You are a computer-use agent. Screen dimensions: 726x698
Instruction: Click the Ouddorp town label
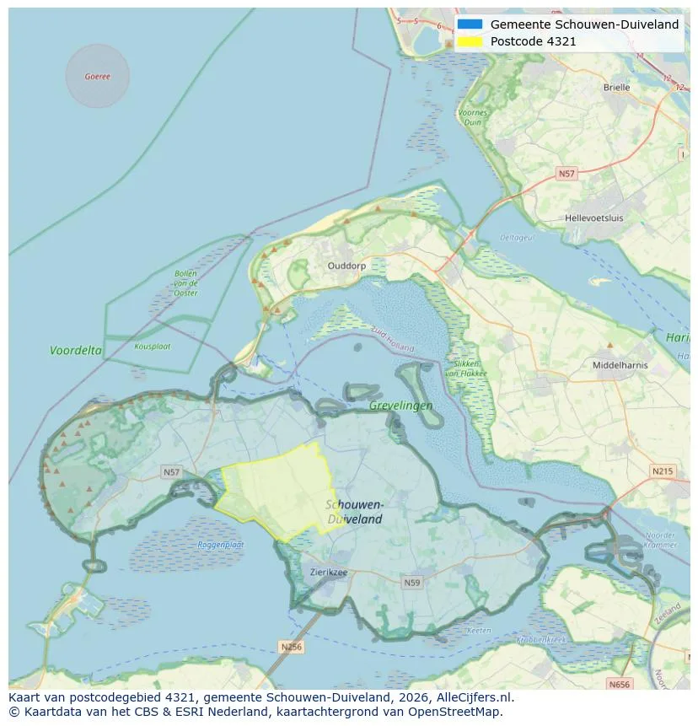pos(346,265)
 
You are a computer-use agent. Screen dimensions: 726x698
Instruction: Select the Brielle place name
pos(616,87)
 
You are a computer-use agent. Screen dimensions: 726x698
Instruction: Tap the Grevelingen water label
pos(401,406)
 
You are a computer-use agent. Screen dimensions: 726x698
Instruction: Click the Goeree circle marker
pos(97,76)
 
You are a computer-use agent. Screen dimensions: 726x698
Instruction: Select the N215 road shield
pos(663,471)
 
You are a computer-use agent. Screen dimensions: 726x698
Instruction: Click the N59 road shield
pos(412,582)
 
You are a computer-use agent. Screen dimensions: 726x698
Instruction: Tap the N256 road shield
pos(290,647)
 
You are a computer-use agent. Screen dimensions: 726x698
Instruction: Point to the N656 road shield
pos(619,684)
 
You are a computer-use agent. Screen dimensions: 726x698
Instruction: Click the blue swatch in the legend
pos(470,24)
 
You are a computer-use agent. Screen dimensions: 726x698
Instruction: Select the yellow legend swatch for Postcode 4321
pos(470,40)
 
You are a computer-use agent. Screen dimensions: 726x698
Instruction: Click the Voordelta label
pos(76,350)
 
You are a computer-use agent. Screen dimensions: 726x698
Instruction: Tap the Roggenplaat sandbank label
pos(221,545)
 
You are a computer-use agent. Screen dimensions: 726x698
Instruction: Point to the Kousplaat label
pos(153,346)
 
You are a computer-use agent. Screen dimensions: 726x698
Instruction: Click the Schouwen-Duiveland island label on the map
pos(354,512)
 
